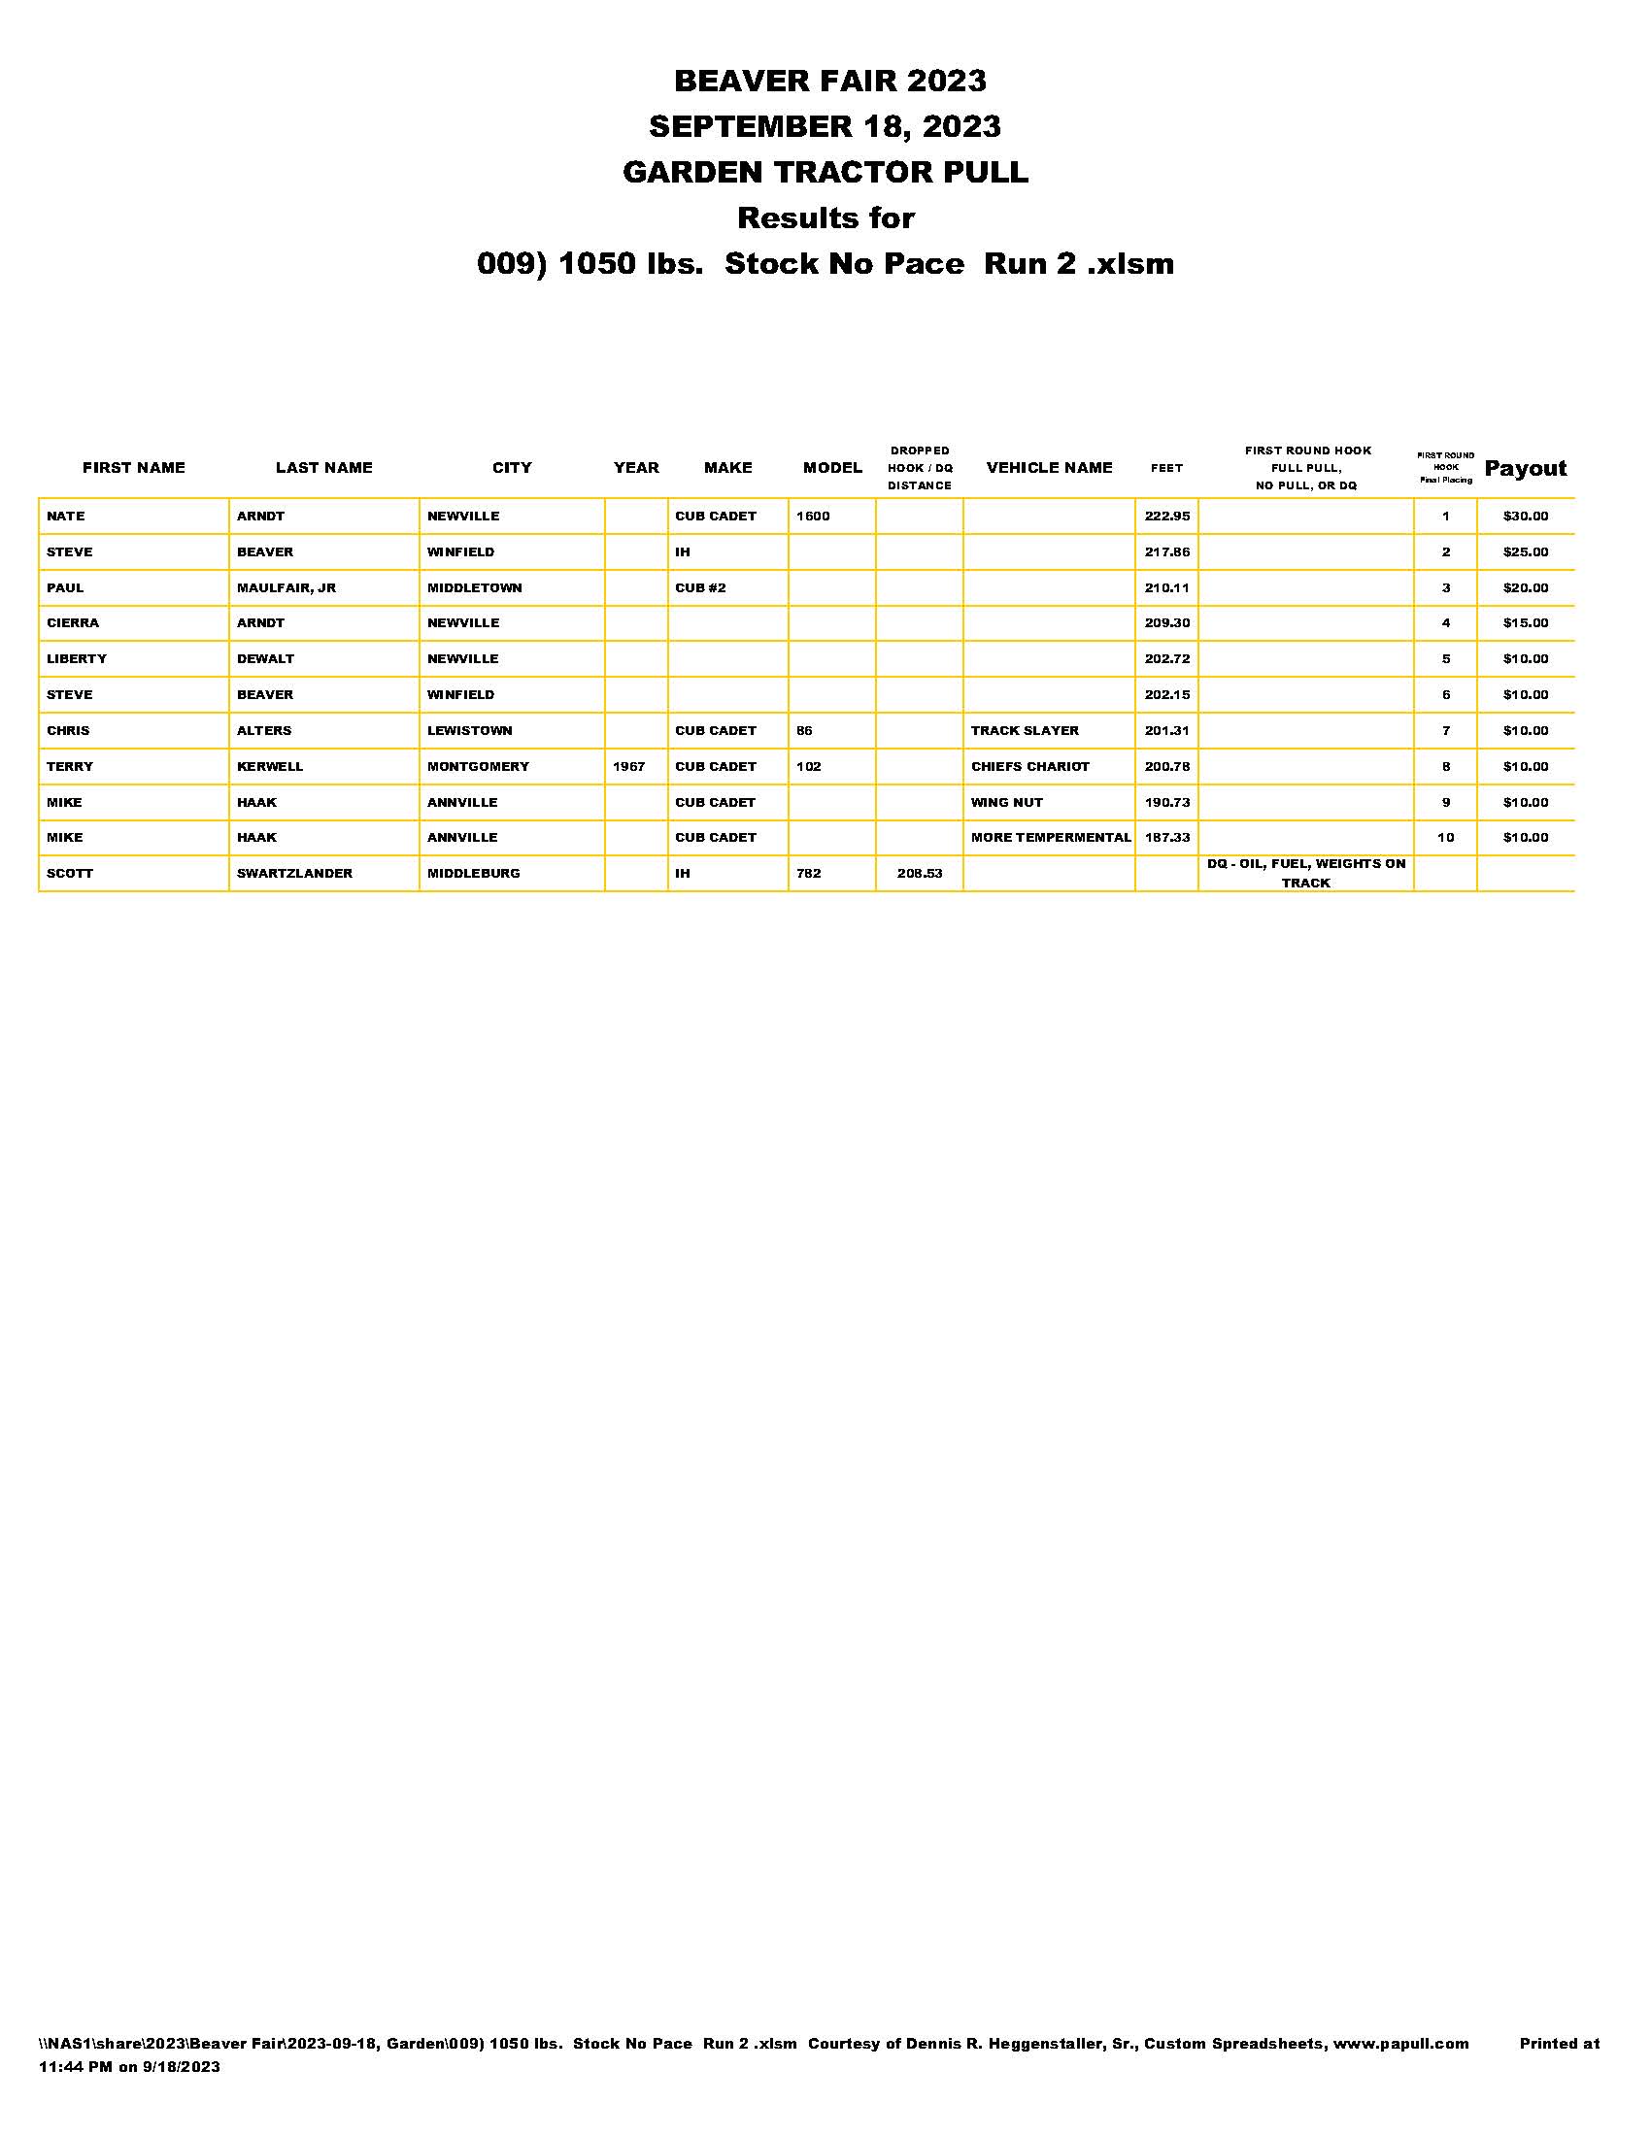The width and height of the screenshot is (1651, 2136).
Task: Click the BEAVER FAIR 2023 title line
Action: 829,82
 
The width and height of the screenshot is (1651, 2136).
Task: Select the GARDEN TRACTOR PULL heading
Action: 825,172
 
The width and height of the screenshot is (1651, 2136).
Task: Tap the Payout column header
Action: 1525,469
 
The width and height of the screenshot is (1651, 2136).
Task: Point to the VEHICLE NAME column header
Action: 1049,468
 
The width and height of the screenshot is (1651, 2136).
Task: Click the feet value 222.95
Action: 1166,517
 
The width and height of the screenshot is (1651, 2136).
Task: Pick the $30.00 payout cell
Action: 1525,517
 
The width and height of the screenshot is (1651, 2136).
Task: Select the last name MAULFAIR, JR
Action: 286,587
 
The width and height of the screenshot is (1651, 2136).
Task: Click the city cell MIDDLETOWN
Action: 474,587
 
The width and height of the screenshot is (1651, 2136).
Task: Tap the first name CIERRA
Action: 73,623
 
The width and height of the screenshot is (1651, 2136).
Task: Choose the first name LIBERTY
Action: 77,659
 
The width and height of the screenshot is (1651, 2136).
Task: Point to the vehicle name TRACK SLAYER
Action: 1024,730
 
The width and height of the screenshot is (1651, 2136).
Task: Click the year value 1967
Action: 629,767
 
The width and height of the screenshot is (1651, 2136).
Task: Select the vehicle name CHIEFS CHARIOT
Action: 1028,767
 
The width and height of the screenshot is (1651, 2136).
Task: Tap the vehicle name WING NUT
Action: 1006,803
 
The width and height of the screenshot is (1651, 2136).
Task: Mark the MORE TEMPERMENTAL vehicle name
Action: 1051,838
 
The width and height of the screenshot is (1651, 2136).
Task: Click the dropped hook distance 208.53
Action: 920,874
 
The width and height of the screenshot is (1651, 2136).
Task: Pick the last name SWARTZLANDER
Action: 294,874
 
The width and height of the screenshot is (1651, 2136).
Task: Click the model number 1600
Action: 813,517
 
